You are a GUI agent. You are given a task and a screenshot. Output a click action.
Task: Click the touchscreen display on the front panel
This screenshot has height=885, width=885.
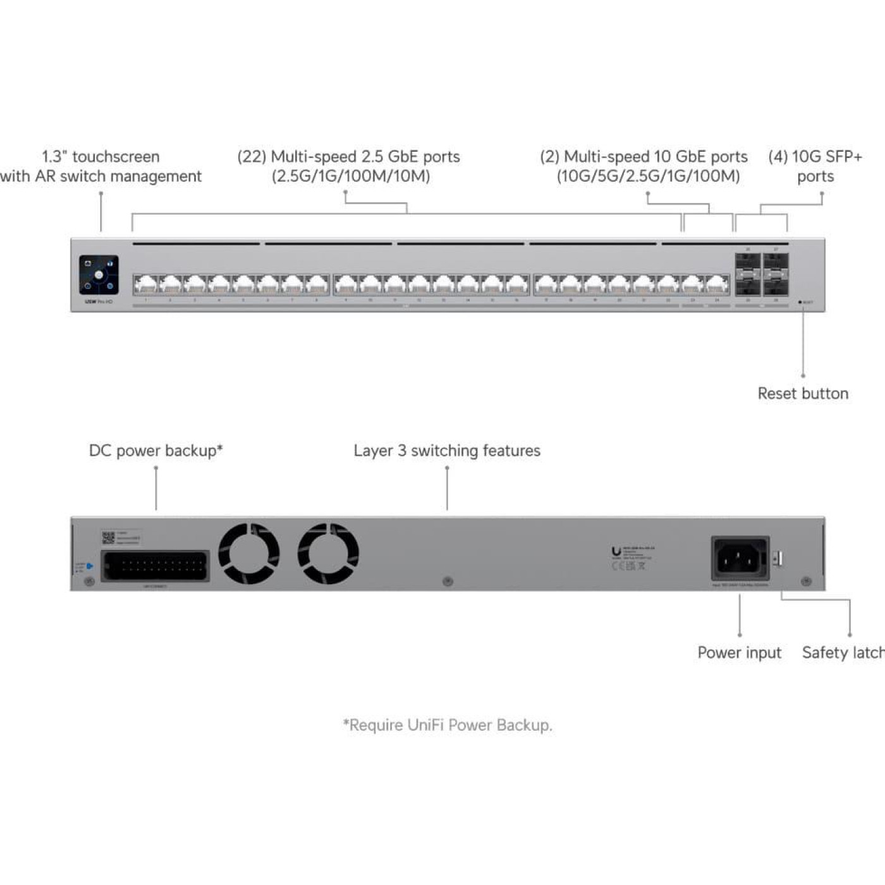pos(99,275)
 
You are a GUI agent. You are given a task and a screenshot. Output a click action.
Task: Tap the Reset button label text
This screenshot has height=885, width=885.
pos(803,393)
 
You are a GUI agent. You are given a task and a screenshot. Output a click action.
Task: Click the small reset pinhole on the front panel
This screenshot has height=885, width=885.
pos(800,302)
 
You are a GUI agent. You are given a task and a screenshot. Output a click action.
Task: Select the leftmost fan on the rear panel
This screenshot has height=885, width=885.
pos(248,553)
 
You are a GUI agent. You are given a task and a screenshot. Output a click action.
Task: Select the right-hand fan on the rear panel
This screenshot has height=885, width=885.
pos(328,553)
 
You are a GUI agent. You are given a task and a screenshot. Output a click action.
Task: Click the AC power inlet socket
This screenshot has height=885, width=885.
pos(740,558)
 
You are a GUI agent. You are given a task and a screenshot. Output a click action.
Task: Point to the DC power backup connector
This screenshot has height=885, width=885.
pos(155,566)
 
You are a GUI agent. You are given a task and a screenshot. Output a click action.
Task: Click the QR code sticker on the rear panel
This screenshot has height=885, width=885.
pos(108,538)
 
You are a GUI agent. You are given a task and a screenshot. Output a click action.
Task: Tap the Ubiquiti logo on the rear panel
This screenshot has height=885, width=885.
pos(616,551)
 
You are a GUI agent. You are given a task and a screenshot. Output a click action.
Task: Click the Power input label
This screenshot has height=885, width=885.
pos(739,652)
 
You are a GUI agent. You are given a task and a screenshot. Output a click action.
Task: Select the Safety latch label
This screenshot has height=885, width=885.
pos(843,652)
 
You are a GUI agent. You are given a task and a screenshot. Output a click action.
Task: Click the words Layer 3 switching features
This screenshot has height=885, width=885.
pos(446,451)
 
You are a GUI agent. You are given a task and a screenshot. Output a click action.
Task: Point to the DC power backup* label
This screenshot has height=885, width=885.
pos(156,451)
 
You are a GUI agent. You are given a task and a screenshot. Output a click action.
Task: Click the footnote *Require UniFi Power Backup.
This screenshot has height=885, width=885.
pos(447,725)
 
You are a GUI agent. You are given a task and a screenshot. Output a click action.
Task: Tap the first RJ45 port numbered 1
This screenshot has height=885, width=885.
pos(145,285)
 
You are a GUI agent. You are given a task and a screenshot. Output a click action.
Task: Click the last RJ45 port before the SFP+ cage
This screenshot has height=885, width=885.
pos(717,285)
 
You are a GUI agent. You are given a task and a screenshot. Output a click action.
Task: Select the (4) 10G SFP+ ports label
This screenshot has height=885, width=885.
pos(815,166)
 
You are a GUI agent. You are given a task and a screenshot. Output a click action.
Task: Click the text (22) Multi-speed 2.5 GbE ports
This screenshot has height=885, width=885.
pos(348,157)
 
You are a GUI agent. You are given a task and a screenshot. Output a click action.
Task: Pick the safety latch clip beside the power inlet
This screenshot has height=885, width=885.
pos(778,559)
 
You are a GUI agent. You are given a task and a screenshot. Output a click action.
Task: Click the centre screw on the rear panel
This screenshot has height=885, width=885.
pos(448,580)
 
